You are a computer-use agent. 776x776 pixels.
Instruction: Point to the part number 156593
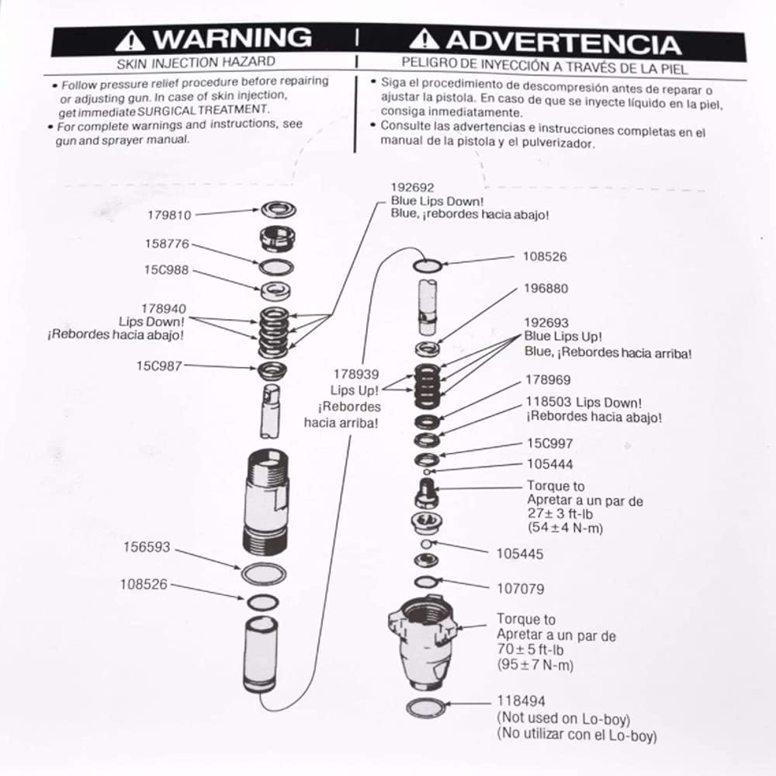146,547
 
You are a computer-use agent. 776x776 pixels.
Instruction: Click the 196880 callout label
546,289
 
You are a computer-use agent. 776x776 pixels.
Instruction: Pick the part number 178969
549,380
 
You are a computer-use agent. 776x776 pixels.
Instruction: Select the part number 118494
521,702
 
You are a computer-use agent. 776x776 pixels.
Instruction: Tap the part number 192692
412,188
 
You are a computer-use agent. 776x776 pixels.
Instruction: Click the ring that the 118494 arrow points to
428,708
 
